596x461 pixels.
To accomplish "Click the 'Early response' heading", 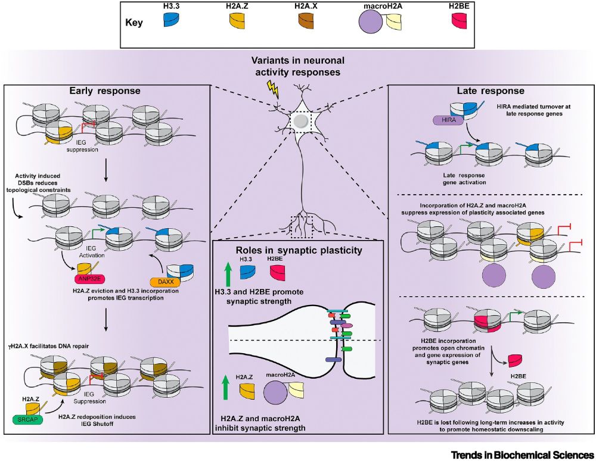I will click(105, 92).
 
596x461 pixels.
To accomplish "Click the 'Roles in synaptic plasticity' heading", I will click(298, 250).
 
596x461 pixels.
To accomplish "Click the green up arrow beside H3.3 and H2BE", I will click(227, 274).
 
